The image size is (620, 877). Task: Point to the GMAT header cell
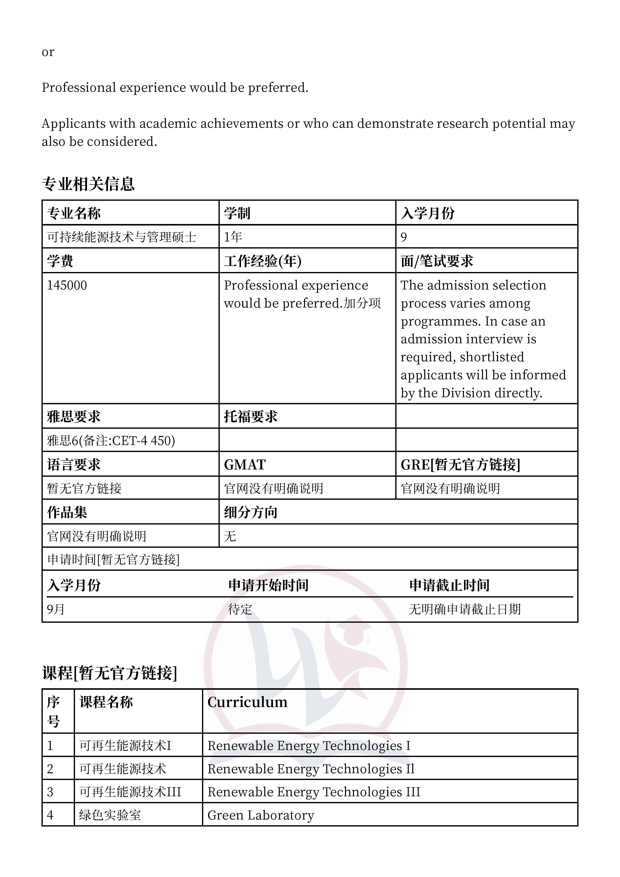pyautogui.click(x=244, y=464)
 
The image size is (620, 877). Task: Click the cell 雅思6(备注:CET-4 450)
pyautogui.click(x=111, y=440)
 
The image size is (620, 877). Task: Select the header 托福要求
pyautogui.click(x=250, y=416)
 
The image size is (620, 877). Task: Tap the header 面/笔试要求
pyautogui.click(x=437, y=261)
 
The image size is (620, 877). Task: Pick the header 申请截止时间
pyautogui.click(x=449, y=585)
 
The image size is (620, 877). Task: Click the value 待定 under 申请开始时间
pyautogui.click(x=240, y=609)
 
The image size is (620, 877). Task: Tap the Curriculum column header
pyautogui.click(x=247, y=702)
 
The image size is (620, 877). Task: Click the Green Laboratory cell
pyautogui.click(x=260, y=815)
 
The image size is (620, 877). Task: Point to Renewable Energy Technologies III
pyautogui.click(x=314, y=792)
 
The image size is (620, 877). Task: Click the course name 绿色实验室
pyautogui.click(x=110, y=815)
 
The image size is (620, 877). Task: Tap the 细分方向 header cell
pyautogui.click(x=250, y=512)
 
